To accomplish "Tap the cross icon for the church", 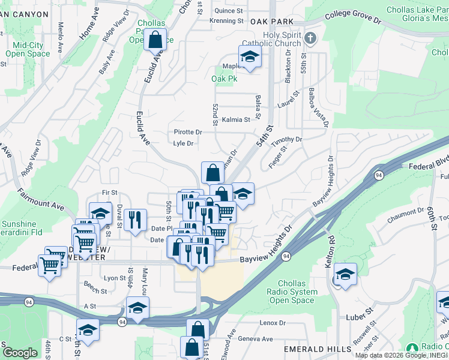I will [x=310, y=39].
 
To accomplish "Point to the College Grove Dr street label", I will [x=354, y=19].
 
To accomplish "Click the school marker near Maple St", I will [x=250, y=57].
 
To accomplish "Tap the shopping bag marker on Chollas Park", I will [x=155, y=41].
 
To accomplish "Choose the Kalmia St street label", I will [x=235, y=120].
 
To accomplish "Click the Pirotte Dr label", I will [x=187, y=132].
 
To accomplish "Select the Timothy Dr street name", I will [x=286, y=140].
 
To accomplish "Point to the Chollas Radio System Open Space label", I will [x=297, y=292].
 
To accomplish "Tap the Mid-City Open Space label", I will [x=28, y=49].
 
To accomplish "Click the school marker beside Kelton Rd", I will [x=345, y=275].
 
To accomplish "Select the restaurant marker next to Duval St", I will [x=137, y=219].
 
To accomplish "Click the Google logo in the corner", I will [x=19, y=353].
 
